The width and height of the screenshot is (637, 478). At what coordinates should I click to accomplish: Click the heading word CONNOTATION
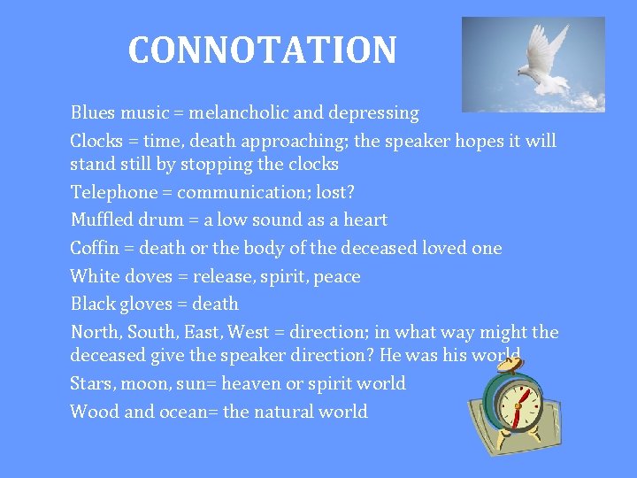[x=262, y=50]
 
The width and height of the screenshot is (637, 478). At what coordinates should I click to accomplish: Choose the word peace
[x=338, y=277]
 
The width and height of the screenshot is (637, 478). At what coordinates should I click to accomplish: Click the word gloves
[x=149, y=305]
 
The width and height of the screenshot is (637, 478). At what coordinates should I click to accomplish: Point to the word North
[x=96, y=333]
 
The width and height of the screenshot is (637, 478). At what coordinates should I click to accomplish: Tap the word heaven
[x=251, y=383]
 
